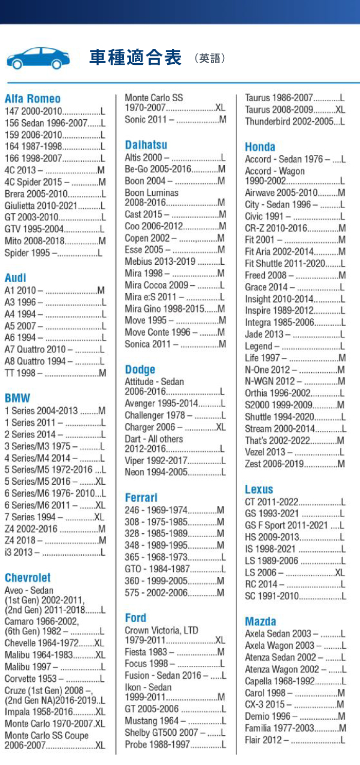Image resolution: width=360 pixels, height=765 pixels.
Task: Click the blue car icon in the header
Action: (38, 58)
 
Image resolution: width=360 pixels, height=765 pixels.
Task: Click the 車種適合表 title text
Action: (135, 58)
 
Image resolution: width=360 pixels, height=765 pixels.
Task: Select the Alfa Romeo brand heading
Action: (32, 99)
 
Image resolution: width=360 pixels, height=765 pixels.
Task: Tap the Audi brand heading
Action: (15, 278)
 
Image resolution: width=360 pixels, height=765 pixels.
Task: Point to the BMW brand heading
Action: (17, 398)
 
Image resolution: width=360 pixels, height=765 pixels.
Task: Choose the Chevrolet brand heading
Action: (28, 577)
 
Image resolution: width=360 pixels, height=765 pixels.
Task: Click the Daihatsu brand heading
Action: (146, 145)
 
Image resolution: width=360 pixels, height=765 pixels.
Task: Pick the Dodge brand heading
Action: (140, 370)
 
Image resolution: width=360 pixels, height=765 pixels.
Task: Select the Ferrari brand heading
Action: (141, 498)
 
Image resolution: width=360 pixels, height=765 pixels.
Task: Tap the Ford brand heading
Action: (136, 617)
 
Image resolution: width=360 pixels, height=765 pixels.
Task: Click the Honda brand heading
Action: (260, 147)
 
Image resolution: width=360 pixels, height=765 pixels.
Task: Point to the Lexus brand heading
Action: (259, 489)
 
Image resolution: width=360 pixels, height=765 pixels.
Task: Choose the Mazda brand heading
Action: (261, 622)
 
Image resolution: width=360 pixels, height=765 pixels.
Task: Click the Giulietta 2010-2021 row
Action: (55, 206)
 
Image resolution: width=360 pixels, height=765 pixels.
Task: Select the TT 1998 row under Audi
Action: (55, 373)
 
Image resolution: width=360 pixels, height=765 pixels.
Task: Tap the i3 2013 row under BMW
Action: (55, 552)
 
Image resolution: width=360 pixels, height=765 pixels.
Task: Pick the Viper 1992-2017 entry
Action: (175, 460)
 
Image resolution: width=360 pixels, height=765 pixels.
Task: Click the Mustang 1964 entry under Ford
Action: (175, 721)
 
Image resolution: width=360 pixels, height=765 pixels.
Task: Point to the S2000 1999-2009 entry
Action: (295, 405)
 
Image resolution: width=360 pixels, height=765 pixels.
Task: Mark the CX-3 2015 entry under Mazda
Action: (295, 704)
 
